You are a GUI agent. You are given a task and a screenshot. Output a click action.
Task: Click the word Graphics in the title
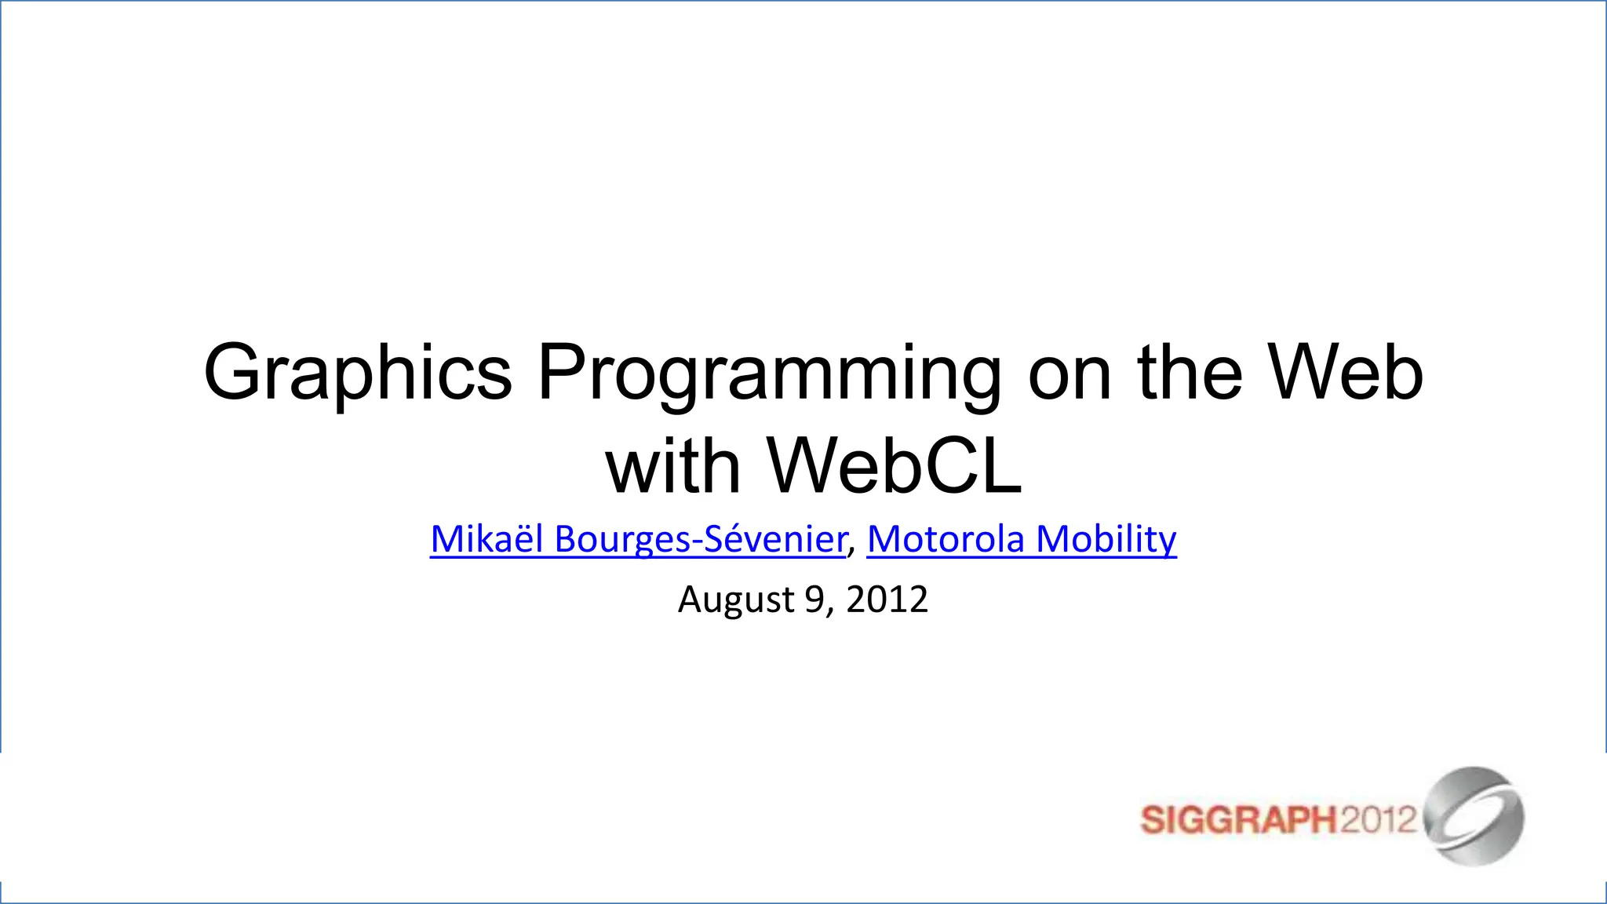358,374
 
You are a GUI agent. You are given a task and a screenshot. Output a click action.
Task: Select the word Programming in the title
769,374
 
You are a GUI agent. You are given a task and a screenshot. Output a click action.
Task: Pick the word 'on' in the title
1070,374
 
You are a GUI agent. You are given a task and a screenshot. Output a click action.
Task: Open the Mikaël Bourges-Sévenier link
638,539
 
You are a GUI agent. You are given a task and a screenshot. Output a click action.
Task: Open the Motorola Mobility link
1022,539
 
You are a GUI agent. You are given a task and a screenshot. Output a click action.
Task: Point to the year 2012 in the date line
887,600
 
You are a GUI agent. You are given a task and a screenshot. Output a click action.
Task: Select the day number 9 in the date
814,600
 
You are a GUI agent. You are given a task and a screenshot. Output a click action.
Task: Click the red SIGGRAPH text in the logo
1237,821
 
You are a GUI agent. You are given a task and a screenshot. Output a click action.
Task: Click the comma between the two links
853,545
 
